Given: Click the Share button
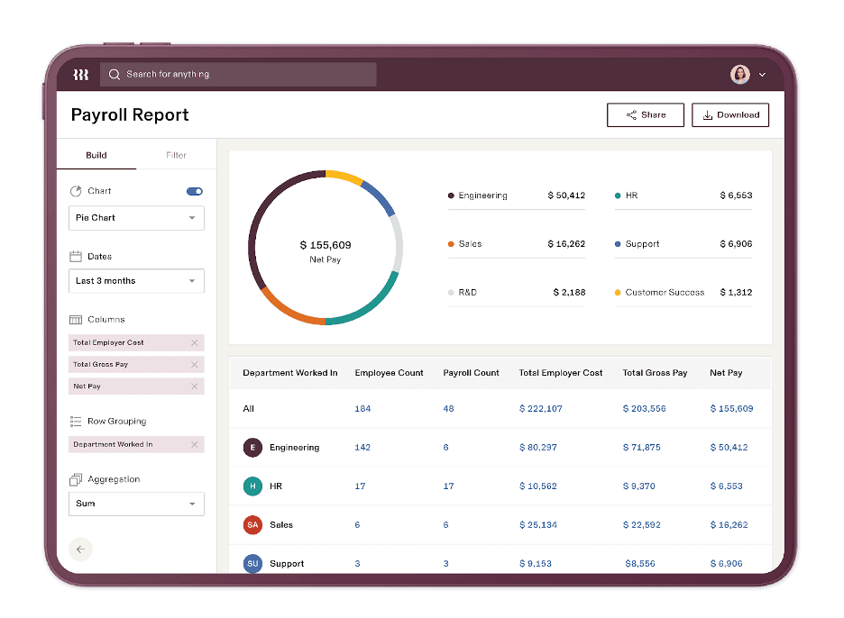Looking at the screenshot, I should pos(645,115).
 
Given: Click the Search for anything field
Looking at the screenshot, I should pos(238,75).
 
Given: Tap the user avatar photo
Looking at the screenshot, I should pos(739,75).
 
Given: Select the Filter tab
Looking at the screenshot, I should pos(176,155).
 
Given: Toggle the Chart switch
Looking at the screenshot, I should pos(195,191).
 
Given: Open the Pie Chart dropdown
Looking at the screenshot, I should pos(136,218).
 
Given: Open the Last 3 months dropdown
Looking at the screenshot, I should pos(136,281).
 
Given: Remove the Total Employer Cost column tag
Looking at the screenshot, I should pos(194,342).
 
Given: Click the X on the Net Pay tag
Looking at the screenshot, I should pos(194,386).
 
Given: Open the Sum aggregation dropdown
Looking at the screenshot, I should pos(136,504).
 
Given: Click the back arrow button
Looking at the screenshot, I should pos(80,550).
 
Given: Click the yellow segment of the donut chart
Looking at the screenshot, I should pos(344,176).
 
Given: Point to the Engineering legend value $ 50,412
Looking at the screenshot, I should pos(566,195).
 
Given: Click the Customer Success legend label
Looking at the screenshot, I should pos(665,293).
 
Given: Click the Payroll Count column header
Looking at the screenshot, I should pos(471,373).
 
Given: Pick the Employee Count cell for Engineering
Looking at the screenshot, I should pos(362,448).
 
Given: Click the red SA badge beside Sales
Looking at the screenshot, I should pos(252,525).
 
